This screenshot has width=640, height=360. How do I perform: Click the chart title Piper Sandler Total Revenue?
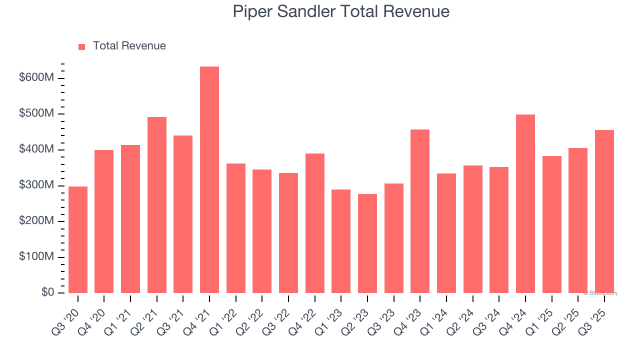click(341, 11)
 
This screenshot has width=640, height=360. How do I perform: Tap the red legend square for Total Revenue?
click(82, 46)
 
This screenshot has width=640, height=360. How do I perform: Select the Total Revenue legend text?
click(129, 46)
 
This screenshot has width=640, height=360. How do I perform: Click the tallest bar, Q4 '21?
click(209, 180)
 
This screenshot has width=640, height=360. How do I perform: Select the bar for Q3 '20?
click(78, 240)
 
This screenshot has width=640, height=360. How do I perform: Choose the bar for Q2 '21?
click(157, 205)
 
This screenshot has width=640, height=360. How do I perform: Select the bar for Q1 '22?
click(236, 228)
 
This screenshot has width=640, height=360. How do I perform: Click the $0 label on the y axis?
click(47, 292)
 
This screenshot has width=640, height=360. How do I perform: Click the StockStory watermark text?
click(600, 293)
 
